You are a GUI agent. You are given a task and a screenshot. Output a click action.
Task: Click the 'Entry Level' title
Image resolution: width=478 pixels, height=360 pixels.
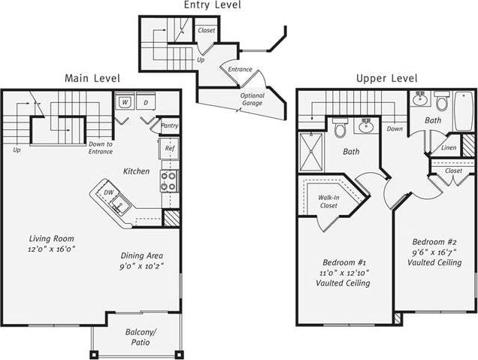[212, 6]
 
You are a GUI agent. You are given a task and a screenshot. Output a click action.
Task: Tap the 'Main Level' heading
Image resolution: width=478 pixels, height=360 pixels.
[92, 78]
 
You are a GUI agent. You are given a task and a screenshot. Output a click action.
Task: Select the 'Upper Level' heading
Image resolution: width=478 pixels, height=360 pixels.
[386, 78]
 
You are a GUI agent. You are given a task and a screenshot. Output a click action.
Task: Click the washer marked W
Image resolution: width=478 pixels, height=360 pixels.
[125, 101]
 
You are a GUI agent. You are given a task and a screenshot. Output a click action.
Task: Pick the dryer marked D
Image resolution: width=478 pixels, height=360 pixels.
[146, 101]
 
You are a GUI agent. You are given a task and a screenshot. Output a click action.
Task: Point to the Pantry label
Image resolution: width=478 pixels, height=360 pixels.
[170, 126]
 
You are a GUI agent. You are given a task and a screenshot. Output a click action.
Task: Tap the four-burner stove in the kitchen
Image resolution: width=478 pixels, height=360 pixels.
[169, 181]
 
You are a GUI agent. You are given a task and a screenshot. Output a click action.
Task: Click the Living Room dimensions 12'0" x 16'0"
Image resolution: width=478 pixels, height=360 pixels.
[52, 248]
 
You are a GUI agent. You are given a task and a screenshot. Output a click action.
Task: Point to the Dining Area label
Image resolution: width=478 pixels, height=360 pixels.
[141, 255]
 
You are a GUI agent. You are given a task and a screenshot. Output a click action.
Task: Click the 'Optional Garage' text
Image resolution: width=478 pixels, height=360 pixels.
[253, 100]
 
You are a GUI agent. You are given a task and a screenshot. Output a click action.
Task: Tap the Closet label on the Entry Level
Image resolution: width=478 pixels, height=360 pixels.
[206, 31]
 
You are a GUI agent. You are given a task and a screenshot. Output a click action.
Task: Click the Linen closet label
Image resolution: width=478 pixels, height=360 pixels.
[448, 148]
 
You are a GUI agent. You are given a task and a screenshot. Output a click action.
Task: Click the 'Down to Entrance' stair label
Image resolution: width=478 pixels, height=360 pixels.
[100, 147]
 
